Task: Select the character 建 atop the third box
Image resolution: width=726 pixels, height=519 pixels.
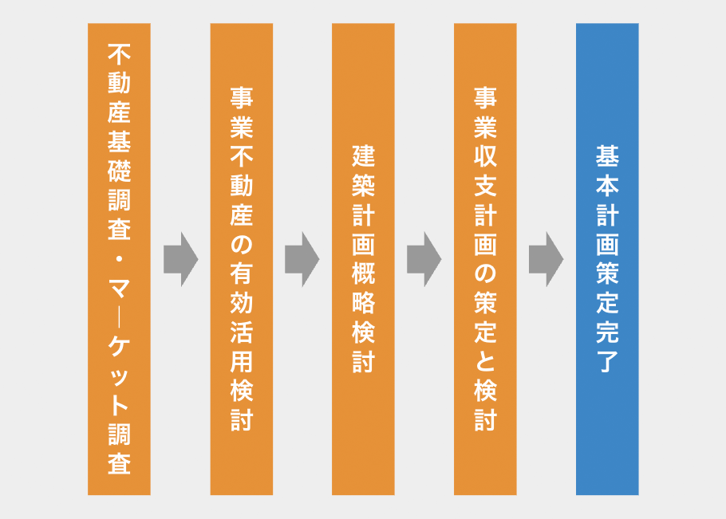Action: point(363,156)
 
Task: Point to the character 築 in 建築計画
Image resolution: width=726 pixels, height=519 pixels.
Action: point(363,186)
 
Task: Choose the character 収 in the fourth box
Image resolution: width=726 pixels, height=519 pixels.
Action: point(485,156)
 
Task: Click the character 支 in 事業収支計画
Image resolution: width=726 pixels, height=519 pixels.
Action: point(485,186)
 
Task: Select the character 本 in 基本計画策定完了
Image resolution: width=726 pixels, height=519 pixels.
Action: point(607,186)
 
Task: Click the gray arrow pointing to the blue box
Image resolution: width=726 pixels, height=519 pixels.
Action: point(546,259)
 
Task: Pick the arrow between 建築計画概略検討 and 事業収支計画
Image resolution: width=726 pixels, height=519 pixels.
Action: point(424,259)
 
